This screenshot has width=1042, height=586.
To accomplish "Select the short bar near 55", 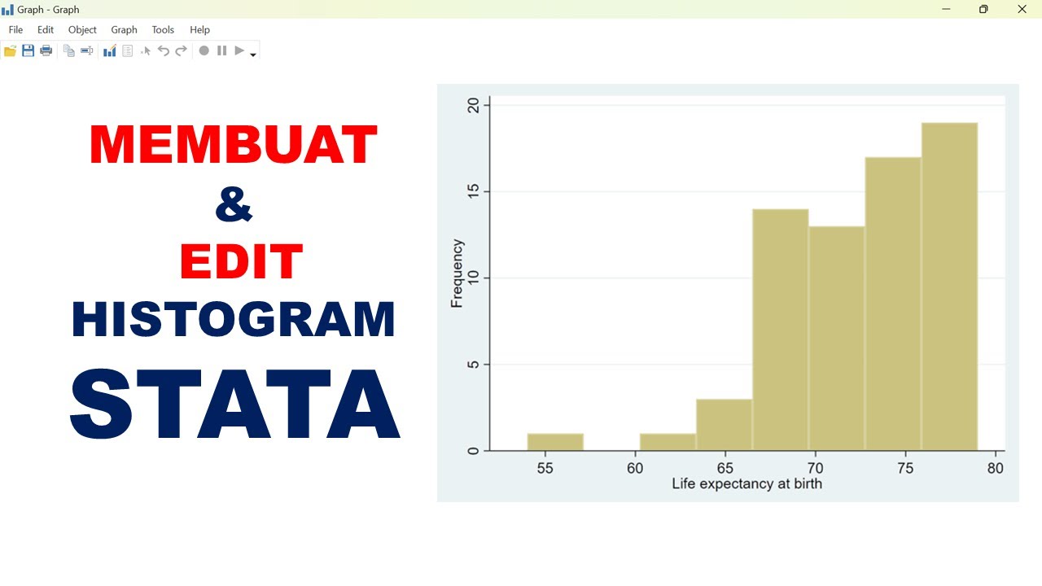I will coord(555,442).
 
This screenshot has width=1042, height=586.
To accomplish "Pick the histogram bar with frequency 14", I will coord(780,330).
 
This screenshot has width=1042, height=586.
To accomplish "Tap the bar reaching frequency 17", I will coord(893,304).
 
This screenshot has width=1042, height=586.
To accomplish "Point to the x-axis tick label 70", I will coord(815,468).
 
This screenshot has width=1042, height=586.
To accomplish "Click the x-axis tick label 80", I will coord(995,468).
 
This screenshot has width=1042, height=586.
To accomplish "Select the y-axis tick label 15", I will coord(472,192).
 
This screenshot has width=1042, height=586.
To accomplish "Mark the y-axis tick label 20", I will coord(472,106).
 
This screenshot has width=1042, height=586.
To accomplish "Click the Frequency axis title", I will coord(457,273).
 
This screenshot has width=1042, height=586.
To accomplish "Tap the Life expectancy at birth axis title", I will coord(746,483).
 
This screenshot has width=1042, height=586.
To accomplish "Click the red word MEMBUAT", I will coord(234,145).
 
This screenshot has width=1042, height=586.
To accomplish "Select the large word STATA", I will coord(234,405).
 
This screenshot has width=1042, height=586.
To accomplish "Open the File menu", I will coord(15,29).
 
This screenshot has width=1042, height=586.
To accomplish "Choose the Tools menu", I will coord(163,29).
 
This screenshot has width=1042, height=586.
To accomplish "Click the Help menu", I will coord(199,29).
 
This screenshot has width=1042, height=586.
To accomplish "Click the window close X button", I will coord(1022,9).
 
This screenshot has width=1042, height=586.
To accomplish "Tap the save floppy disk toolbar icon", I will coord(28,50).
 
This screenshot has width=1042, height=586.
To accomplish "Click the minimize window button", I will coord(947,9).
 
